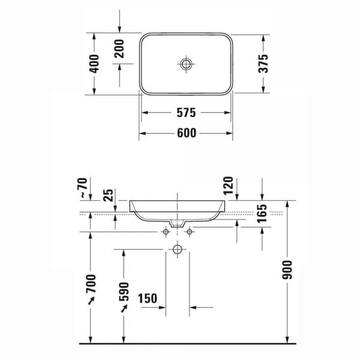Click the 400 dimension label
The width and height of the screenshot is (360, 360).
click(94, 64)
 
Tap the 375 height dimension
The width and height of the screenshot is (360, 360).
click(263, 64)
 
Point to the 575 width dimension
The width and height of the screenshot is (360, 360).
click(186, 113)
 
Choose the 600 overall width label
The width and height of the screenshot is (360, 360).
click(187, 133)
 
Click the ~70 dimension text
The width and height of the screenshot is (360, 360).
click(83, 188)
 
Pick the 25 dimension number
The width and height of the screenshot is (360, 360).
click(109, 195)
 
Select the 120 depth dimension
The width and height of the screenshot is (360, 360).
click(228, 186)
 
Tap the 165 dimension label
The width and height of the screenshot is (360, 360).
click(262, 214)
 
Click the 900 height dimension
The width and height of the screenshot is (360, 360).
click(287, 270)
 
